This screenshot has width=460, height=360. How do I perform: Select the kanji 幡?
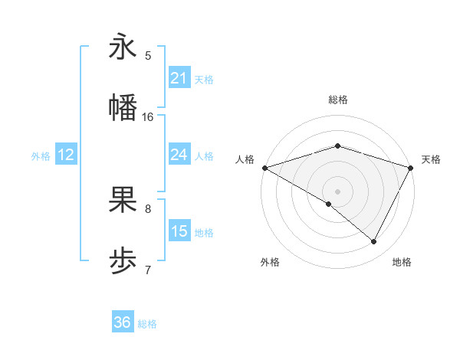[123, 108]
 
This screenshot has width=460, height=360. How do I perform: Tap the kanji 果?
[123, 201]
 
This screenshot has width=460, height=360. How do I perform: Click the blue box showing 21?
[179, 78]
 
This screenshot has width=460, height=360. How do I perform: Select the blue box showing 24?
[179, 155]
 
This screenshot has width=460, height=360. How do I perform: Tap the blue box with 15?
[179, 231]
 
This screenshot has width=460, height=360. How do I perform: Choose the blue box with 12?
[66, 155]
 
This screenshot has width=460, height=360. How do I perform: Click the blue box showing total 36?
[123, 323]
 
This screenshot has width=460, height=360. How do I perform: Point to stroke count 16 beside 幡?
[148, 116]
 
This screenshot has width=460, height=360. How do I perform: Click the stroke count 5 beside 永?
[148, 55]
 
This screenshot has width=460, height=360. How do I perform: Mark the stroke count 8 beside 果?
[148, 208]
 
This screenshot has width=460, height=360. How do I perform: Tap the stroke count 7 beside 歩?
[148, 270]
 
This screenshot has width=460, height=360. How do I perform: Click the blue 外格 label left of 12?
[41, 156]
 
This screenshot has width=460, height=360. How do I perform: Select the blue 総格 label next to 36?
[148, 325]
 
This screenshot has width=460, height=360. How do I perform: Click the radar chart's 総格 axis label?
[337, 100]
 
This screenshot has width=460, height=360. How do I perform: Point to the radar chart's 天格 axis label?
[431, 159]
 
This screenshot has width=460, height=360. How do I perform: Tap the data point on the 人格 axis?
[264, 168]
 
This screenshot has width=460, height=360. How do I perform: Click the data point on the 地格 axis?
[374, 241]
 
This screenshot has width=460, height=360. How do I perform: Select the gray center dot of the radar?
[337, 191]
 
